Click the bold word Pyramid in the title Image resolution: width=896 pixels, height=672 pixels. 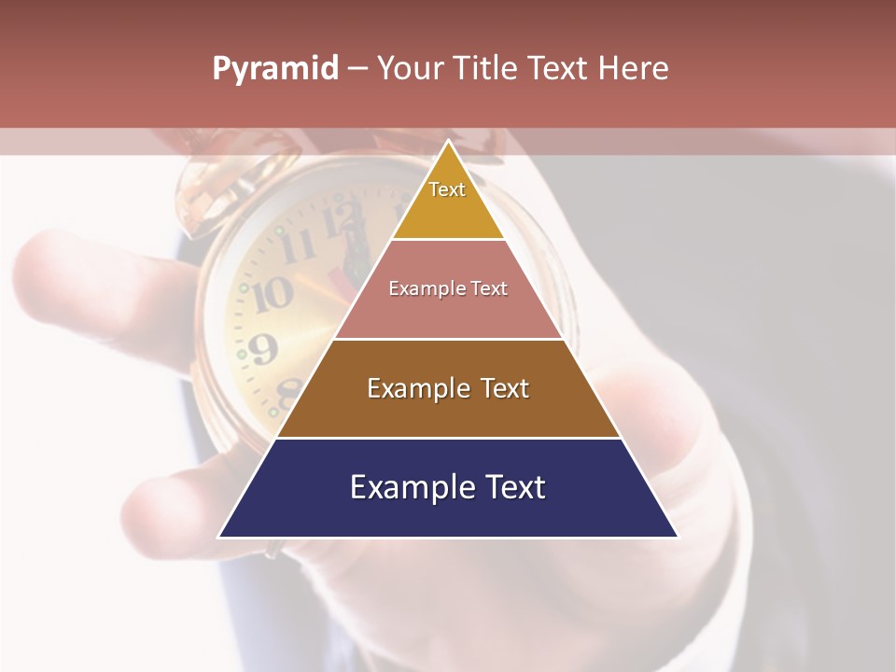pyautogui.click(x=275, y=69)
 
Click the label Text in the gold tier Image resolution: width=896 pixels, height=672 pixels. pyautogui.click(x=447, y=189)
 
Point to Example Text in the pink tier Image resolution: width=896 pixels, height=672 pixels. pyautogui.click(x=448, y=288)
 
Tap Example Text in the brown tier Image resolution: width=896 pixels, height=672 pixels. pyautogui.click(x=448, y=388)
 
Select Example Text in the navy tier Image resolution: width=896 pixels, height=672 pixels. pyautogui.click(x=448, y=487)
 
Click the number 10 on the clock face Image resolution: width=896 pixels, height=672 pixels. pyautogui.click(x=272, y=295)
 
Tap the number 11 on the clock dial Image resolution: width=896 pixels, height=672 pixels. pyautogui.click(x=298, y=247)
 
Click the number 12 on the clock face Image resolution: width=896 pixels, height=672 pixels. pyautogui.click(x=341, y=222)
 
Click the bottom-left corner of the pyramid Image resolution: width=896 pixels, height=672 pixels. pyautogui.click(x=219, y=537)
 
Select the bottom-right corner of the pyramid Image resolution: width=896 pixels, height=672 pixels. pyautogui.click(x=678, y=537)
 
